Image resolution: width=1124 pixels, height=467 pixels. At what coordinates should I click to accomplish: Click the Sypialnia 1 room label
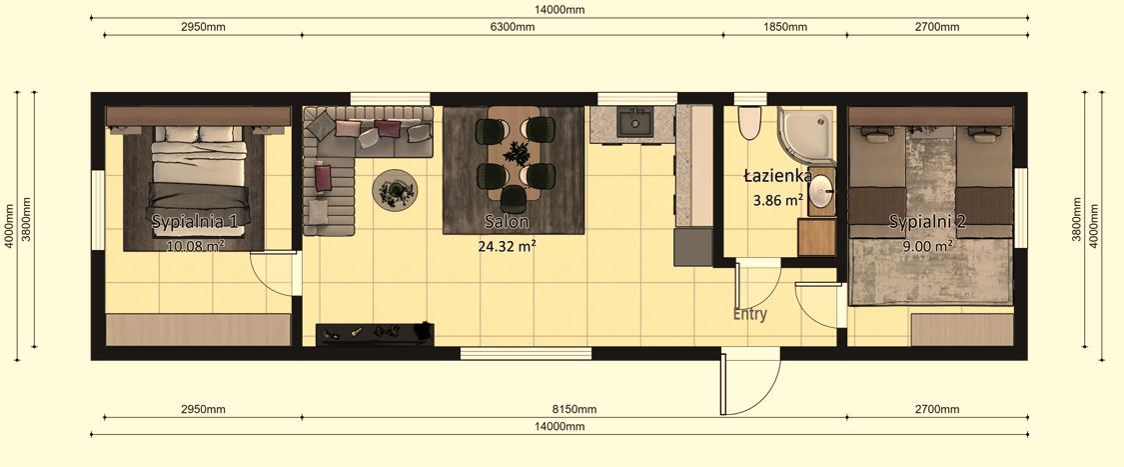[194, 221]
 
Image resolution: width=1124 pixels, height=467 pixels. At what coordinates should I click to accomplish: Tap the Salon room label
[507, 221]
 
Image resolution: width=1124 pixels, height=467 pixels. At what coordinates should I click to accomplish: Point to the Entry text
[750, 314]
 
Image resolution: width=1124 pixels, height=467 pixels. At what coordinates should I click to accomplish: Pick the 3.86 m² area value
[778, 199]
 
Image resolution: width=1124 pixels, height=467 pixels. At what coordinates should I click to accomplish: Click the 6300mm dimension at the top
[512, 27]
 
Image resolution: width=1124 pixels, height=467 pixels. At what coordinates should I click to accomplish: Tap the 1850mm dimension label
[784, 27]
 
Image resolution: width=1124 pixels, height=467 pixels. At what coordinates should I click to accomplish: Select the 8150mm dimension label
[573, 409]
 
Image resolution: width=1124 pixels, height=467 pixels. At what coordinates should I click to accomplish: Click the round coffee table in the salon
[396, 189]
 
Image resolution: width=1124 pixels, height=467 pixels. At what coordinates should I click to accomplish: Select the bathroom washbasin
[820, 191]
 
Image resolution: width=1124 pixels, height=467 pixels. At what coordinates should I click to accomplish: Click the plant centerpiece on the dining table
[517, 154]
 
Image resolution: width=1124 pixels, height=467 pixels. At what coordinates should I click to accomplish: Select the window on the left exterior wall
[97, 205]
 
